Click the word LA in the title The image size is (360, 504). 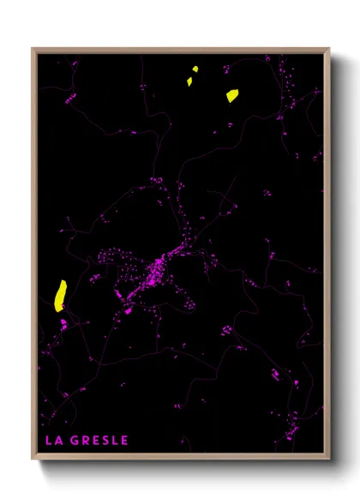51,441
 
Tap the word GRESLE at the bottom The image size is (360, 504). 100,441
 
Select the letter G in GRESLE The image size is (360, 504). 75,441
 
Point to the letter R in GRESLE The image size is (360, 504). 86,441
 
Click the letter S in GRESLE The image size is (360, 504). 106,441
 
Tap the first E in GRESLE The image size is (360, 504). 96,441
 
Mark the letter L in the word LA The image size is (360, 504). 47,441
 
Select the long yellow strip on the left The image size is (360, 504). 60,295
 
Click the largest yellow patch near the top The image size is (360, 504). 232,96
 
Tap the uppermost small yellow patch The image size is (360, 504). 195,69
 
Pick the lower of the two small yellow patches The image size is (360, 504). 189,81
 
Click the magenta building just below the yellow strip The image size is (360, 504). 63,323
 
